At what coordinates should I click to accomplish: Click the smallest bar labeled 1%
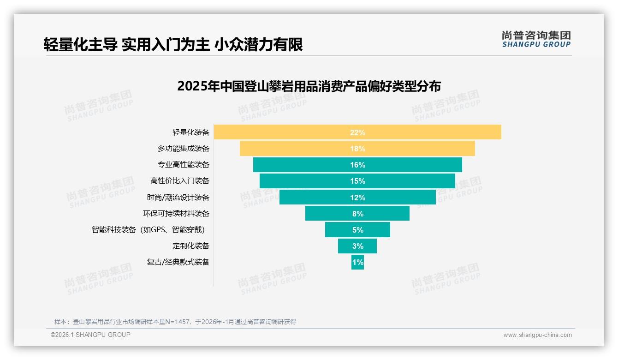click(357, 262)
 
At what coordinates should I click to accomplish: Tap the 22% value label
click(357, 132)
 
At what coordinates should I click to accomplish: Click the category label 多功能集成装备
click(184, 149)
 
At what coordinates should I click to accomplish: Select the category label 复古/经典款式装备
click(178, 262)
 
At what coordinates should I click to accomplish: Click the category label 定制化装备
click(191, 246)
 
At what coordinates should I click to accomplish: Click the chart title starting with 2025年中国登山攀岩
click(309, 87)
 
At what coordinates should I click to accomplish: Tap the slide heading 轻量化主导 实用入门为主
click(173, 45)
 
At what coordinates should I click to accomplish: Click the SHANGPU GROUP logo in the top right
click(536, 39)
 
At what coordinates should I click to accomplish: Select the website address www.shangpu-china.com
click(537, 335)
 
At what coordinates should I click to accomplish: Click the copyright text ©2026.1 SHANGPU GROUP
click(90, 335)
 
